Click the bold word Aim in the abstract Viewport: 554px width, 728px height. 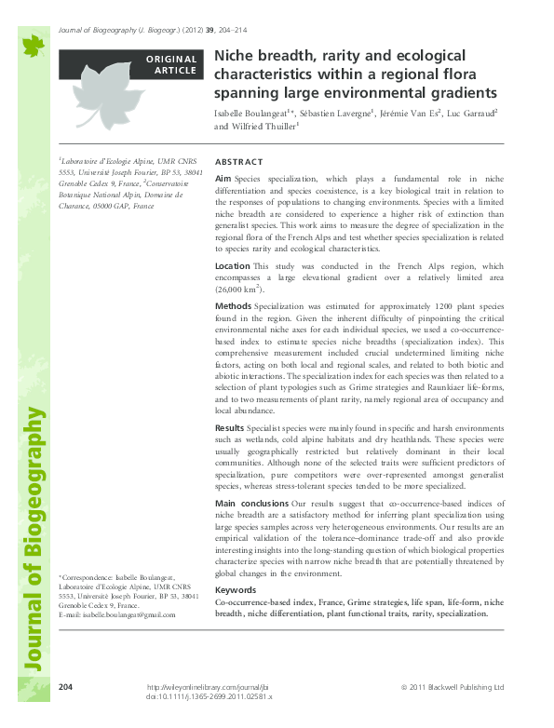coord(223,177)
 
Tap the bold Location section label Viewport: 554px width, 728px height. coord(232,266)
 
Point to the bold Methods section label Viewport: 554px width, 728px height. coord(233,305)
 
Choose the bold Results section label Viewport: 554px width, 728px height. coord(231,426)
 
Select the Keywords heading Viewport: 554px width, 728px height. coord(236,590)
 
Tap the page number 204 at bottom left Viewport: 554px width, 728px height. coord(65,686)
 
